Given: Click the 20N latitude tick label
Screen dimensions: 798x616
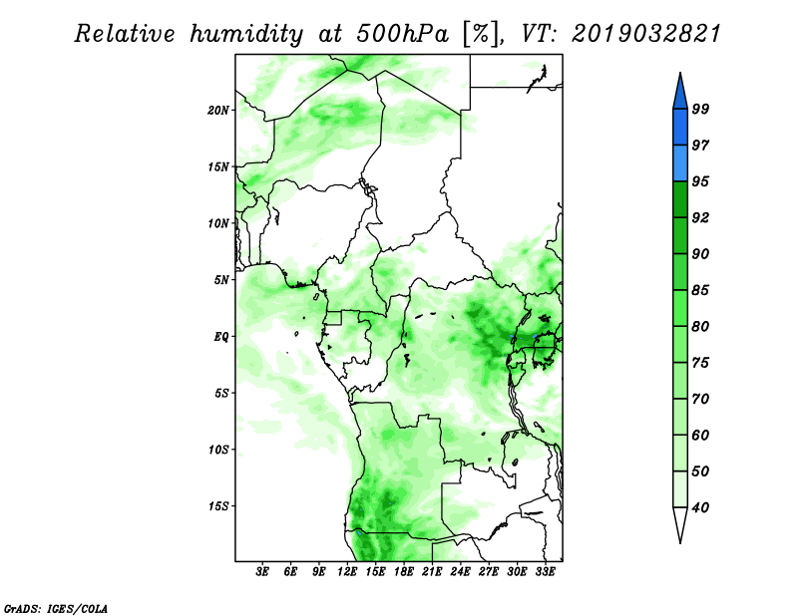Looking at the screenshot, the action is click(218, 111).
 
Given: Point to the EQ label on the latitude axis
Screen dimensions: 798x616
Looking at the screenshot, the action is click(221, 337).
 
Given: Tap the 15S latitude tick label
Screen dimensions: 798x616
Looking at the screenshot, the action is click(218, 506).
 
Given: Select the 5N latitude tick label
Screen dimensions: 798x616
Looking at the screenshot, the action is click(221, 280).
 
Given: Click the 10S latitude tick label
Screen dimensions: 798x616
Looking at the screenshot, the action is click(218, 450).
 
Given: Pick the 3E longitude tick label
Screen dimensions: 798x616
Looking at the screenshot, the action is click(262, 572).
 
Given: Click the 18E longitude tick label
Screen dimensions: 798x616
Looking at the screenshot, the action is click(404, 572).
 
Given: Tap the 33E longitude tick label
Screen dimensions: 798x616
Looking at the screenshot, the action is click(545, 572).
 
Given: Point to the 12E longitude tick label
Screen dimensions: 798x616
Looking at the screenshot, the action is click(347, 572).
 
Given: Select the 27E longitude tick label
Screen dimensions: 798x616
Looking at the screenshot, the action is click(489, 572).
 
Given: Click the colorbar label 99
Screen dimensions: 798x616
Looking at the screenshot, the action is click(700, 109).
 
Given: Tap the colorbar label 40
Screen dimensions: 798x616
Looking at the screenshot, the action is click(700, 507).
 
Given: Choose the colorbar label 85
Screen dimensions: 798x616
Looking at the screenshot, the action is click(700, 290).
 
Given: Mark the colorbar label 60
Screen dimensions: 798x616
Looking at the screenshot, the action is click(700, 435).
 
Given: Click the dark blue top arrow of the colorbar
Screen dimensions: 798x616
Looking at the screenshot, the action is click(680, 94).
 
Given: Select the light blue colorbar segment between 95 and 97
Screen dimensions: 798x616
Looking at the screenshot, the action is click(680, 163).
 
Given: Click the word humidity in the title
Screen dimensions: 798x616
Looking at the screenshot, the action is click(246, 35).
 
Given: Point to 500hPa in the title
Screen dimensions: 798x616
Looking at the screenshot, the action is click(402, 34).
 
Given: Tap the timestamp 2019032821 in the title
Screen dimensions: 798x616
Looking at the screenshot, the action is click(646, 34).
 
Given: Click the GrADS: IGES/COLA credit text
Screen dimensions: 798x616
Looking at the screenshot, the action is click(56, 608).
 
